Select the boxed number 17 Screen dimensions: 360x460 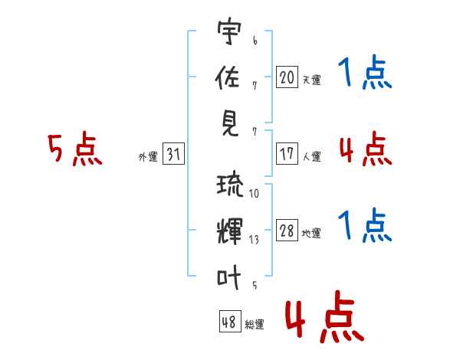point(287,153)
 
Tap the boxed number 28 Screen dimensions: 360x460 point(287,231)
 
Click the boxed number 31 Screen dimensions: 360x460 point(173,154)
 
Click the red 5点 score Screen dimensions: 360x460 point(74,149)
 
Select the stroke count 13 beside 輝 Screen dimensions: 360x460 point(254,240)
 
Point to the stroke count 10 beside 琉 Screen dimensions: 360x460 point(254,194)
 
